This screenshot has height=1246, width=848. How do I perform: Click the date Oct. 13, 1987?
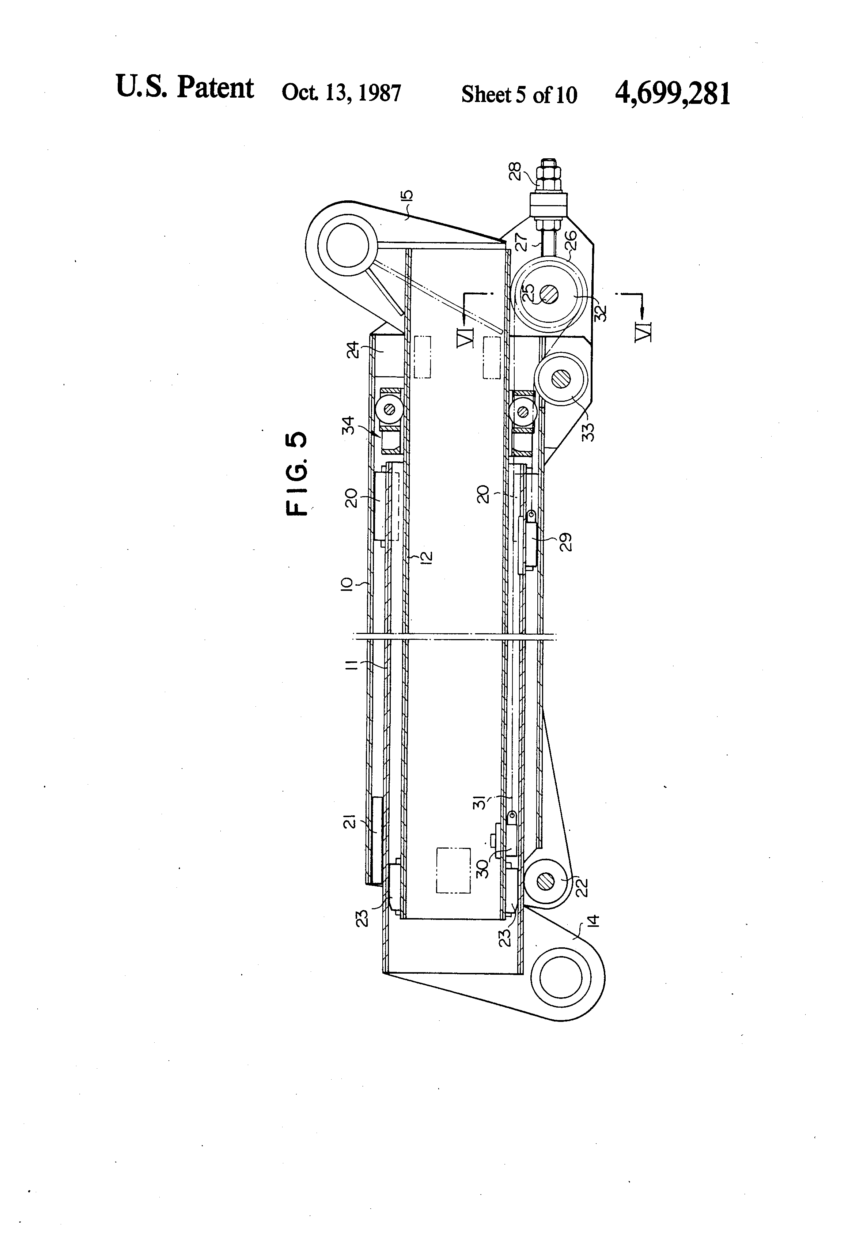click(341, 93)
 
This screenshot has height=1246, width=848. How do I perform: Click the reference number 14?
click(592, 921)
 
